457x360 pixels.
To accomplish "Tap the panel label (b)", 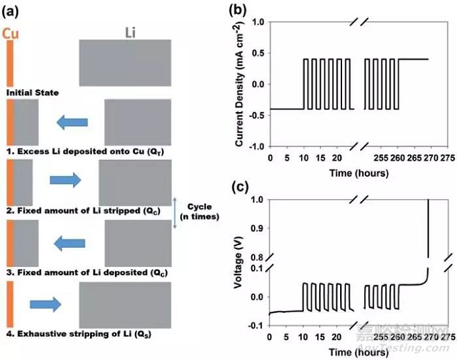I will point(239,9).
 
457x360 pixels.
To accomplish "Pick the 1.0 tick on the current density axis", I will point(257,22).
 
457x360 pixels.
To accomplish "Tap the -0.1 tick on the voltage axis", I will point(255,326).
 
